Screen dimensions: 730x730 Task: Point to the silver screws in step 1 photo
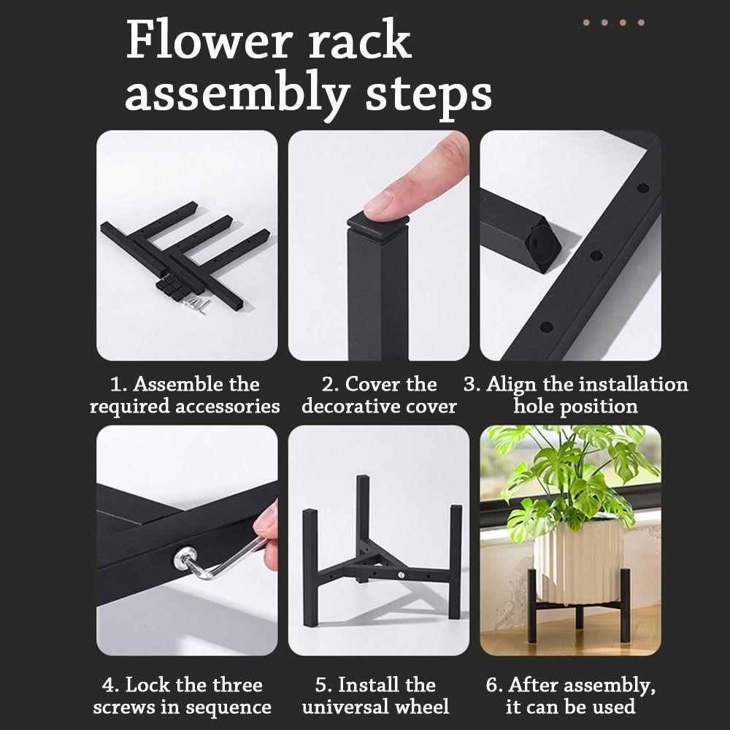pos(196,303)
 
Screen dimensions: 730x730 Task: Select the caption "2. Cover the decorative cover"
pos(379,395)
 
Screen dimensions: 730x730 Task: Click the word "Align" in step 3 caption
pos(521,385)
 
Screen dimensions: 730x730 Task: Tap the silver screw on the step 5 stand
pos(401,577)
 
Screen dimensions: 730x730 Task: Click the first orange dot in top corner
pos(586,23)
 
